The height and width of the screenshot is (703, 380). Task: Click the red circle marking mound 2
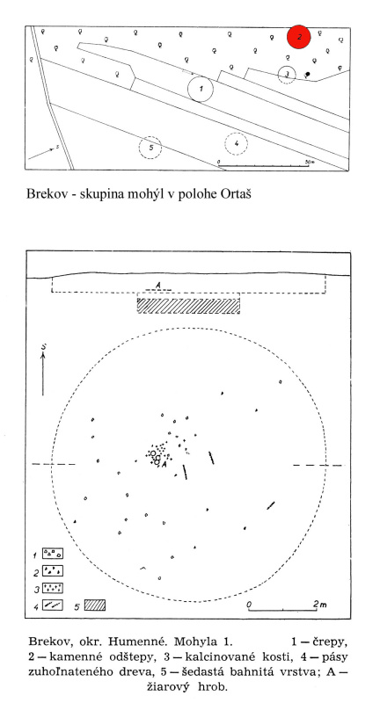(299, 37)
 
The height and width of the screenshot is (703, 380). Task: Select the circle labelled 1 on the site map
(188, 89)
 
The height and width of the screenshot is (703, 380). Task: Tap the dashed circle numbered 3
(278, 75)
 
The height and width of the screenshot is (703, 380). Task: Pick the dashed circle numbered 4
(224, 144)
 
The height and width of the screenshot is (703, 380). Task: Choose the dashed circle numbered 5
(139, 147)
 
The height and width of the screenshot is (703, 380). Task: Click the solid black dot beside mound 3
(307, 74)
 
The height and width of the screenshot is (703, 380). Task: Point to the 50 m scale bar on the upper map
(264, 166)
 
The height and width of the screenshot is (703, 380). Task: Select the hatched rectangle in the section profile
(188, 306)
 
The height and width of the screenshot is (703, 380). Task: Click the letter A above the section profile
(158, 285)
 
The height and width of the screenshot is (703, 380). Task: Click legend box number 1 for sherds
(53, 554)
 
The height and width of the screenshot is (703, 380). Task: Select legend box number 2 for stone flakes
(53, 570)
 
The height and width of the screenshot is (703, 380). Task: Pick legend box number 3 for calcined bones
(53, 588)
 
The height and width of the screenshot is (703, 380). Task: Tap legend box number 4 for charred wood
(53, 605)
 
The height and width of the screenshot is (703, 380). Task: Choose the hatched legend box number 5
(95, 605)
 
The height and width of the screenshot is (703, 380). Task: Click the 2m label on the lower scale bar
(320, 604)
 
